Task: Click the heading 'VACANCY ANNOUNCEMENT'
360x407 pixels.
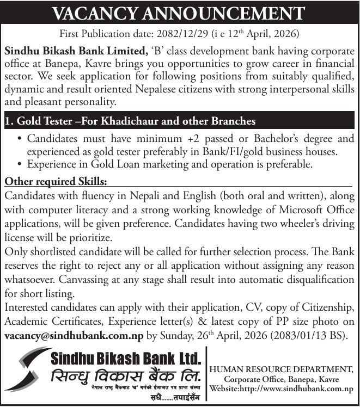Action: (180, 12)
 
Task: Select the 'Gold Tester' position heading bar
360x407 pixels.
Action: (180, 120)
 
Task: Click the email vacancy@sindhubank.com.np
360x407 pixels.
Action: (74, 335)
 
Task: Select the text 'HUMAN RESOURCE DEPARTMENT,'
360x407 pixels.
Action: (284, 369)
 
